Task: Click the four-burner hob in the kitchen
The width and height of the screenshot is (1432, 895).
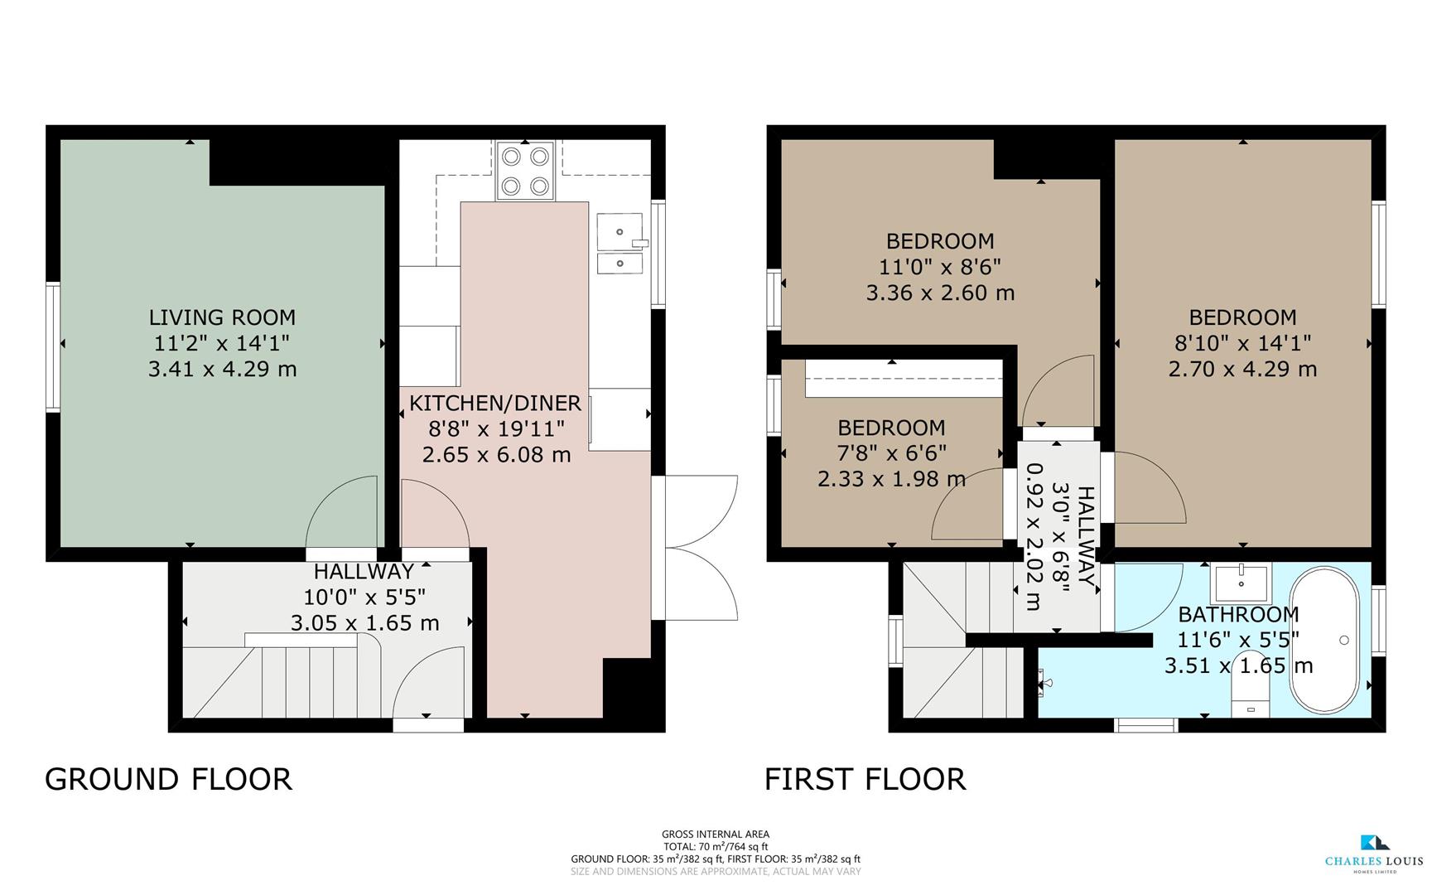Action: coord(524,171)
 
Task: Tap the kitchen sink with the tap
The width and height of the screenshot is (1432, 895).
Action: coord(620,232)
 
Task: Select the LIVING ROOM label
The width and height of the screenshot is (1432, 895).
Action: coord(222,317)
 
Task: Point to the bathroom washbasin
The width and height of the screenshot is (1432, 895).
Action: coord(1241,583)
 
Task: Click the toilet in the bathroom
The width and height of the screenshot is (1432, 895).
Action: coord(1251,686)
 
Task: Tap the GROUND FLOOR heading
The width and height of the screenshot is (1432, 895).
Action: coord(168,779)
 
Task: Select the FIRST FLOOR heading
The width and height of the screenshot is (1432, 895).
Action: coord(865,779)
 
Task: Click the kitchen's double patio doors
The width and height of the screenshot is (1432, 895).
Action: coord(700,547)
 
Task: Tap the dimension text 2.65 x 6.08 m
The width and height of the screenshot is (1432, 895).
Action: coord(496,455)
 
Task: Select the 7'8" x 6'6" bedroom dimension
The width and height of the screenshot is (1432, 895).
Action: coord(891,453)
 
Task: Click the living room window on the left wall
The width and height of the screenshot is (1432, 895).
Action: coord(53,346)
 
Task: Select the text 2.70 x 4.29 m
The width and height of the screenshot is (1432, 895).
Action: coord(1242,369)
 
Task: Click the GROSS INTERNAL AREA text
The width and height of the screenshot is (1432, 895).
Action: coord(715,834)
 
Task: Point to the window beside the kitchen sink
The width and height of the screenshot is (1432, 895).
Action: coord(658,254)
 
